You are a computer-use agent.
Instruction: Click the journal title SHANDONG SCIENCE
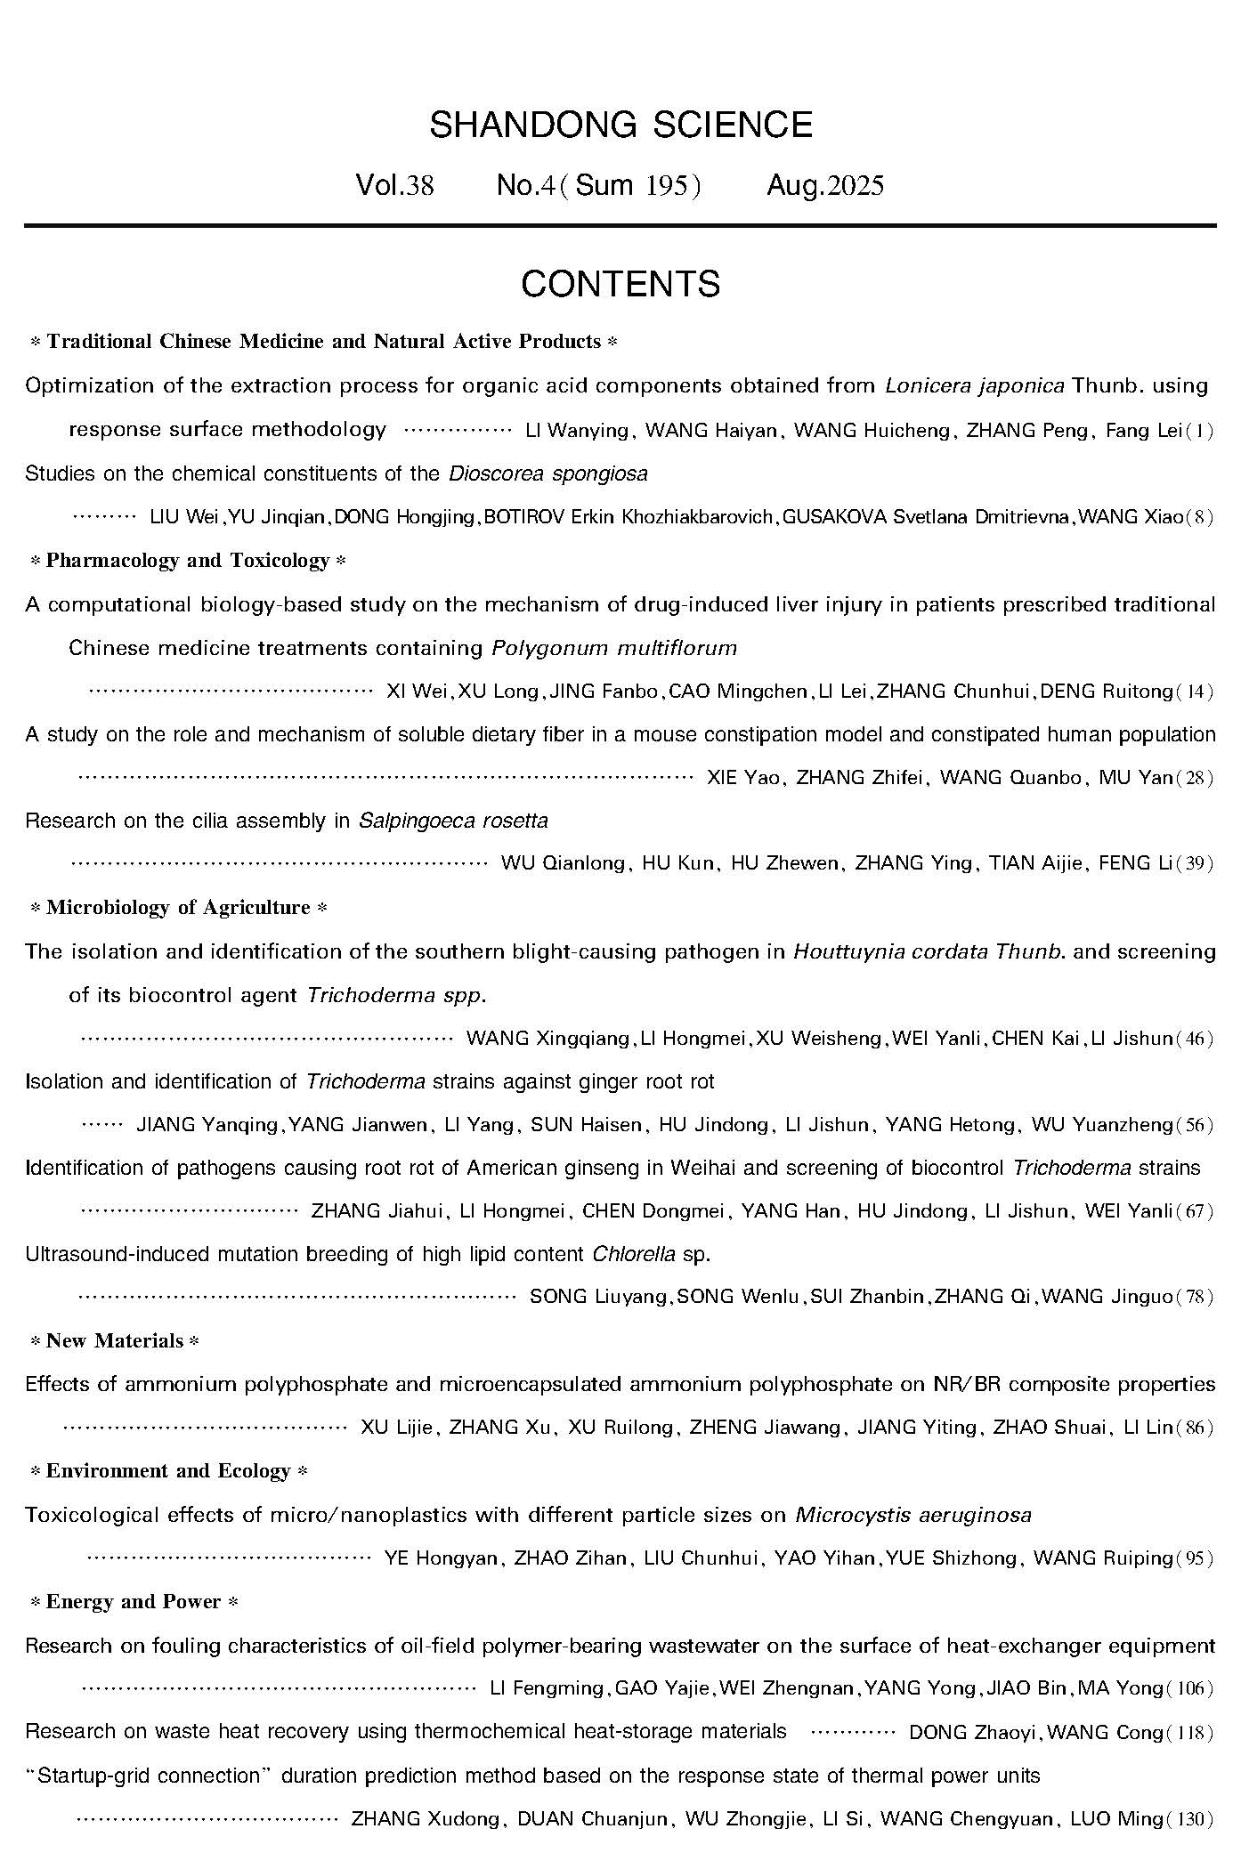pyautogui.click(x=620, y=125)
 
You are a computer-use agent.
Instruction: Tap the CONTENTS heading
pyautogui.click(x=620, y=284)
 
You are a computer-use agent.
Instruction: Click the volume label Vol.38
pyautogui.click(x=394, y=185)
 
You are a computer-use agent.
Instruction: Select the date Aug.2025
pyautogui.click(x=825, y=185)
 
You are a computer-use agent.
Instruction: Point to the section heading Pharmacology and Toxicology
pyautogui.click(x=188, y=561)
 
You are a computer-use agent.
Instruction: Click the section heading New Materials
pyautogui.click(x=115, y=1341)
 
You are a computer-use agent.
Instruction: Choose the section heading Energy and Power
pyautogui.click(x=134, y=1602)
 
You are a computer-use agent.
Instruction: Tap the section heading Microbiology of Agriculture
pyautogui.click(x=178, y=908)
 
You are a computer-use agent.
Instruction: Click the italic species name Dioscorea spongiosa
pyautogui.click(x=548, y=473)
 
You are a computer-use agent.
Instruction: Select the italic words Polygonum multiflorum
pyautogui.click(x=614, y=648)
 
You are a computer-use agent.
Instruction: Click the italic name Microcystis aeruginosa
pyautogui.click(x=913, y=1515)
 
